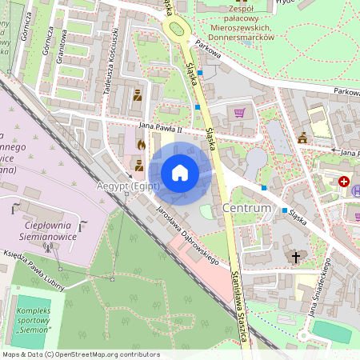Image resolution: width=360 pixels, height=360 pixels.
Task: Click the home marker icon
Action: [180, 172]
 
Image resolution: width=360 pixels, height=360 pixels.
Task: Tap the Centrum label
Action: [249, 209]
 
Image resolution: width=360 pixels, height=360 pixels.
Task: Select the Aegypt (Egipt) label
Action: [128, 186]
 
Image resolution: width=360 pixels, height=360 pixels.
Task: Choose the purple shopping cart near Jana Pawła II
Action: [238, 112]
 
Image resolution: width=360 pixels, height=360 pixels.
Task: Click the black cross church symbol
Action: [296, 257]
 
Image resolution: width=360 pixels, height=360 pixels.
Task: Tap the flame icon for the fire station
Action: [142, 146]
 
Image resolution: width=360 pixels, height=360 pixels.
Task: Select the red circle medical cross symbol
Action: [345, 182]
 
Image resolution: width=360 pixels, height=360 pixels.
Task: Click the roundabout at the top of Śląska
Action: [175, 30]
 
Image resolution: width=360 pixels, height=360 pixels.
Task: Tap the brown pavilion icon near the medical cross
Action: [302, 139]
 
